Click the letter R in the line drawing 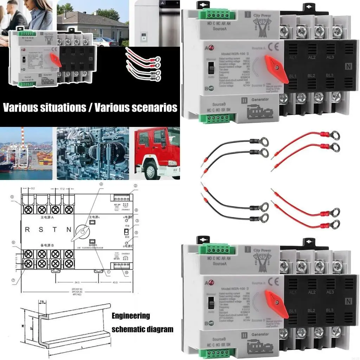click(27, 230)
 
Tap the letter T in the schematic click(54, 230)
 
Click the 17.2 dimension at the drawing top click(61, 188)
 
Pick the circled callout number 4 click(101, 184)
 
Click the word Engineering click(130, 316)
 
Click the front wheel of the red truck click(151, 172)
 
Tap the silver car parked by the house click(105, 42)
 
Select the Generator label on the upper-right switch click(260, 99)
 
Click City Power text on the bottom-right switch click(262, 250)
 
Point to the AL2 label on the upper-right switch click(311, 57)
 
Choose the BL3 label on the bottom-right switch click(330, 310)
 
